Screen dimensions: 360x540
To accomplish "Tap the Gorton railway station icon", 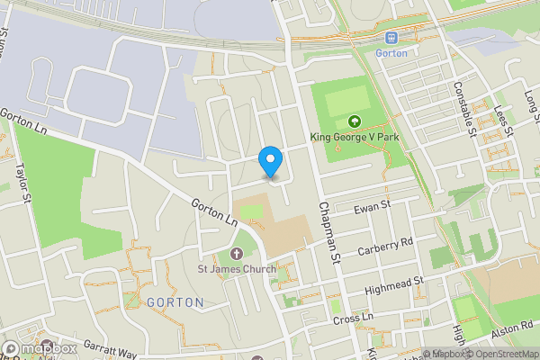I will (391, 37).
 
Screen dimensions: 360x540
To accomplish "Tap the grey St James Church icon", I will (237, 254).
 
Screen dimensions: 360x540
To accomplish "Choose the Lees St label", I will (502, 120).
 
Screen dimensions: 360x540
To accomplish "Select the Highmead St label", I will (394, 285).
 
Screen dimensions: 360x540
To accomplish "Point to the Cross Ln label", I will (353, 319).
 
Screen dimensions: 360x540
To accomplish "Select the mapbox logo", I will (40, 348).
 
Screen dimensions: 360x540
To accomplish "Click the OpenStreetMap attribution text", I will (500, 354).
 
